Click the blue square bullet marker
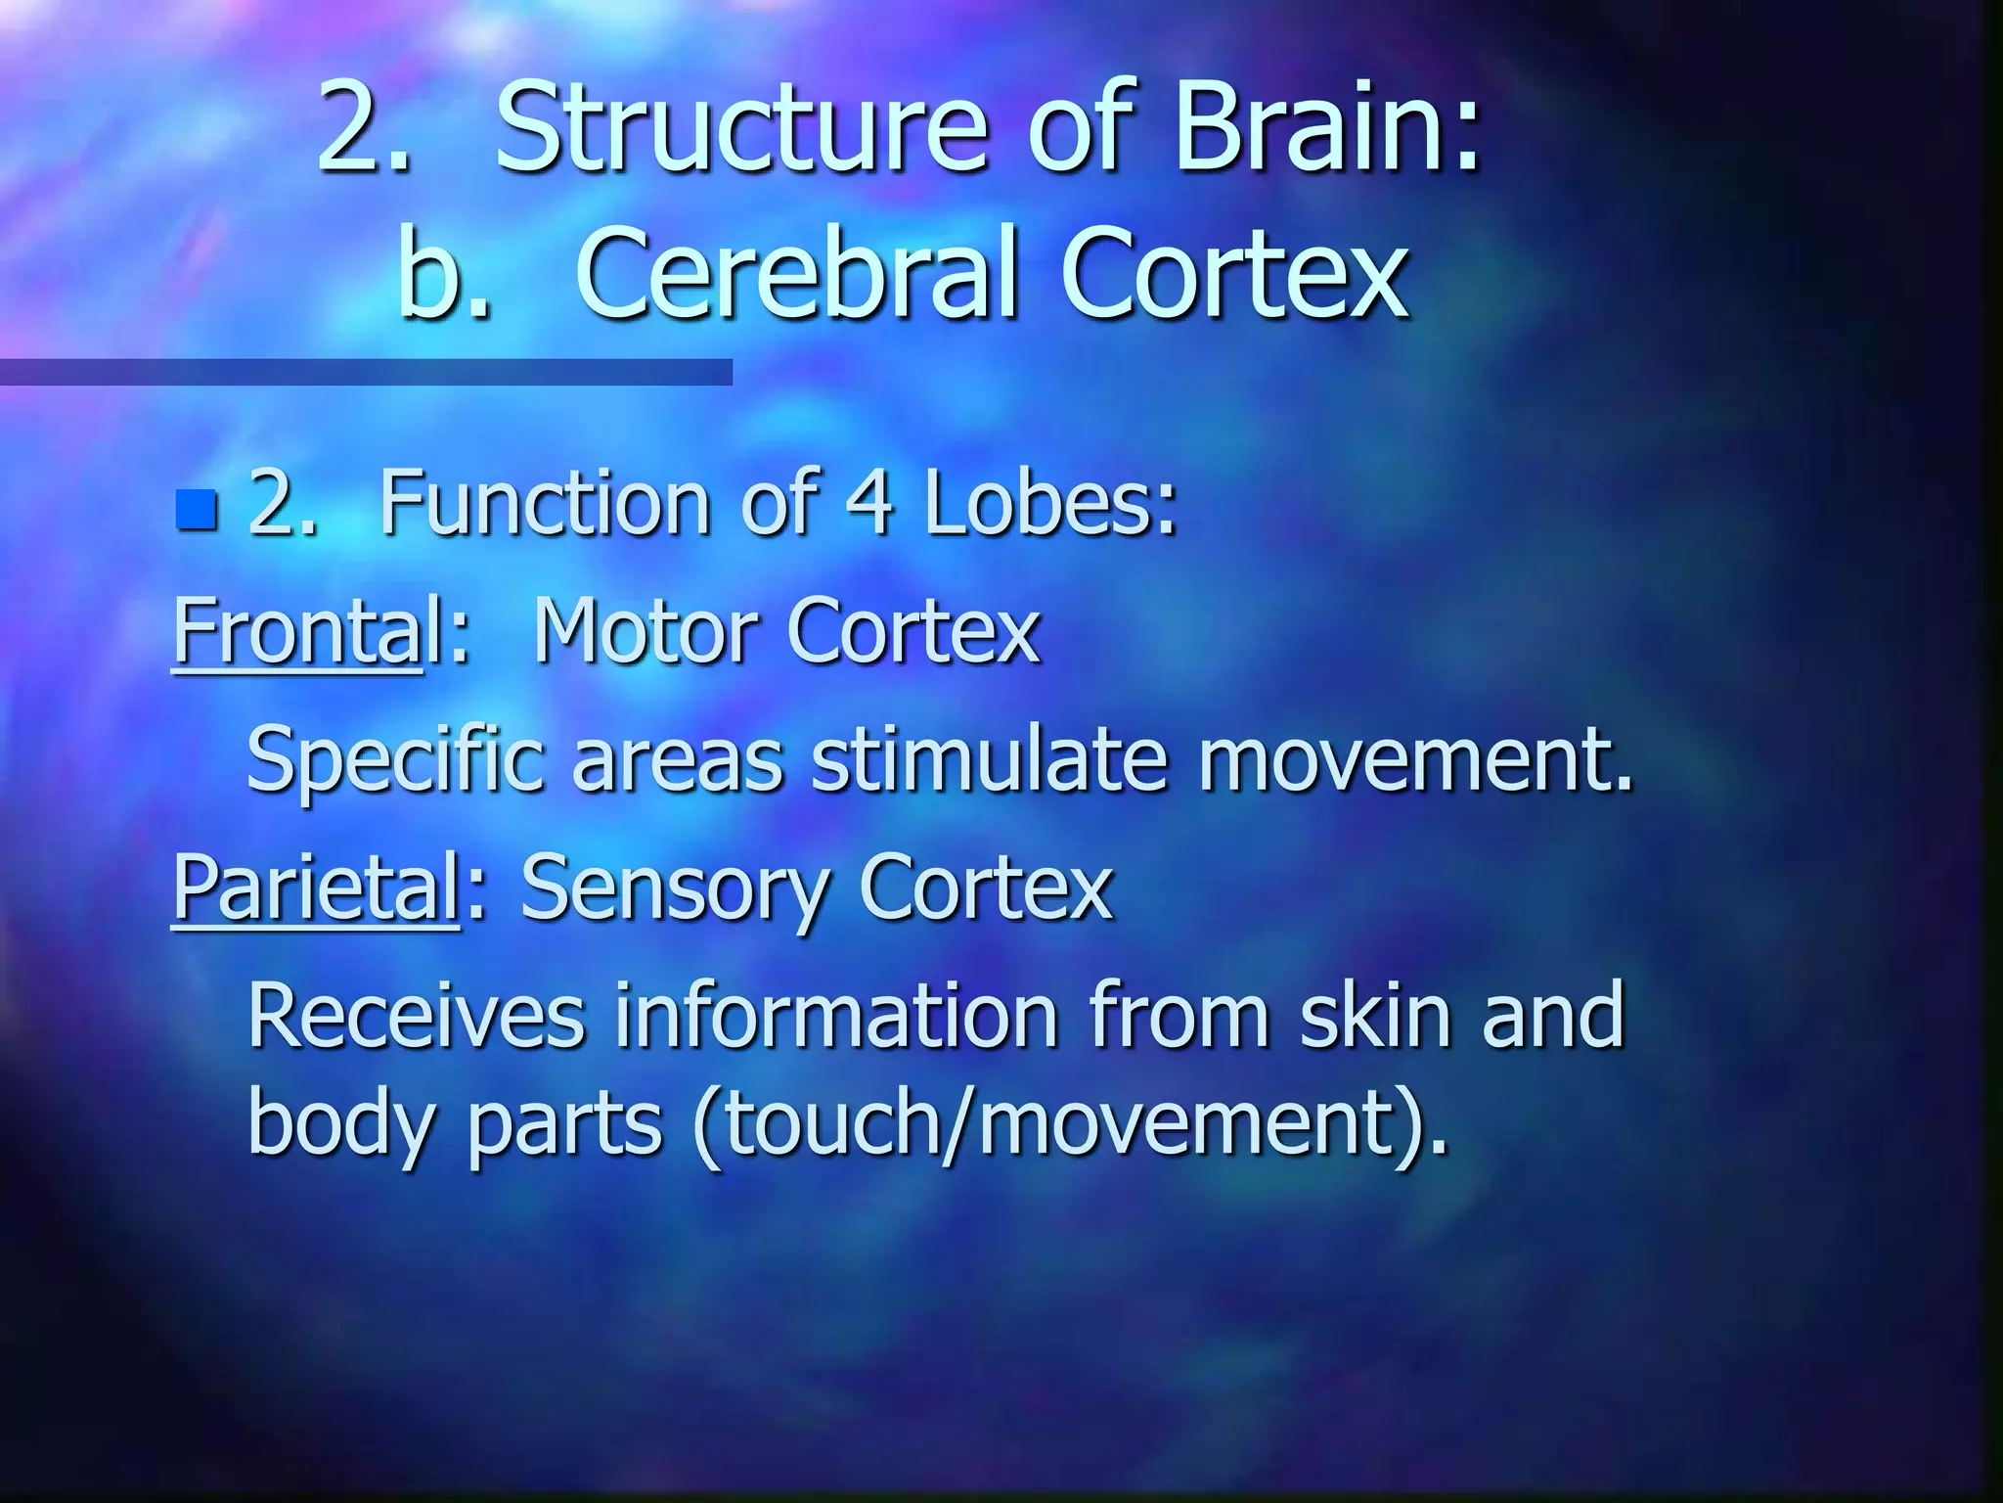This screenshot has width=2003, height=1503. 197,509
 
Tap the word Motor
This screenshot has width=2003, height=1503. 645,632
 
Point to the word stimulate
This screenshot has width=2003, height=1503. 990,761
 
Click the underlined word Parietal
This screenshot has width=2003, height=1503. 316,888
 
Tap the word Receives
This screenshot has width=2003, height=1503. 417,1016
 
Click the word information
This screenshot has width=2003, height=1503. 836,1016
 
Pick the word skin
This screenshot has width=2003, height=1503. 1375,1016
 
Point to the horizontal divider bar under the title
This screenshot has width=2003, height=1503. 366,372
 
